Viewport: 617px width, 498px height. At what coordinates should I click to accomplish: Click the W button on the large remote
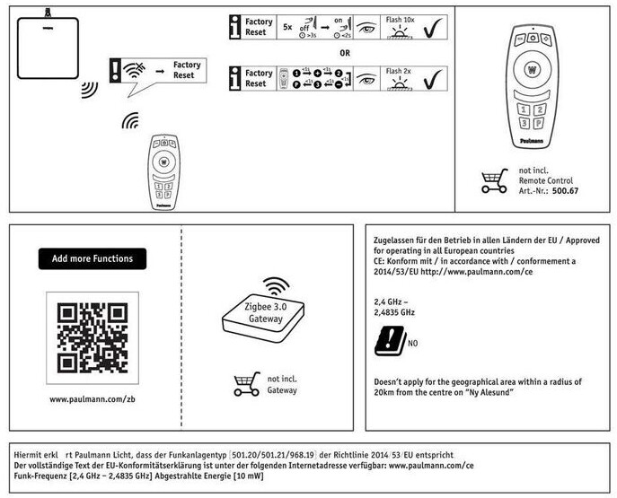(532, 69)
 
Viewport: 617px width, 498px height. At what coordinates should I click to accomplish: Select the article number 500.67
(565, 190)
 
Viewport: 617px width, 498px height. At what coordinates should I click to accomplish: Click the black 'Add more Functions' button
(93, 258)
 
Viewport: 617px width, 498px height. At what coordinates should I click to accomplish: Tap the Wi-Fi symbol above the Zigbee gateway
(277, 286)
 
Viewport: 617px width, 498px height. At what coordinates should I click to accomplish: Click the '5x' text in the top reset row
(287, 28)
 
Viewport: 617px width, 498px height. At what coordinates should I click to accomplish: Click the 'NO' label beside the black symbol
(413, 343)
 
